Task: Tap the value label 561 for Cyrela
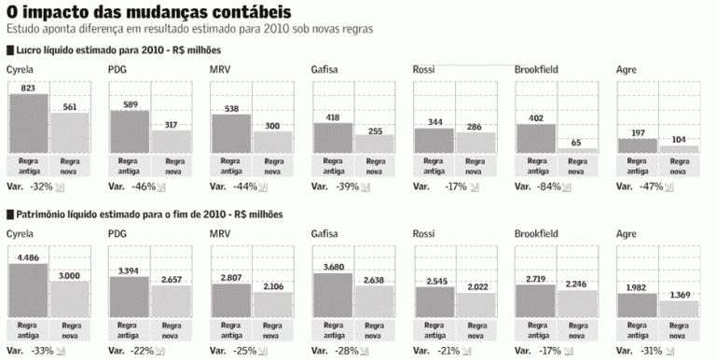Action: [x=70, y=106]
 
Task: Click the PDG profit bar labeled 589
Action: [x=130, y=132]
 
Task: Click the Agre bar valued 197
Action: [x=639, y=145]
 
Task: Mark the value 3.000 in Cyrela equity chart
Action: [x=70, y=275]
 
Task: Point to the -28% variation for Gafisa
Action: [x=347, y=352]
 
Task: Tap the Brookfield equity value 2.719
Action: [x=536, y=279]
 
